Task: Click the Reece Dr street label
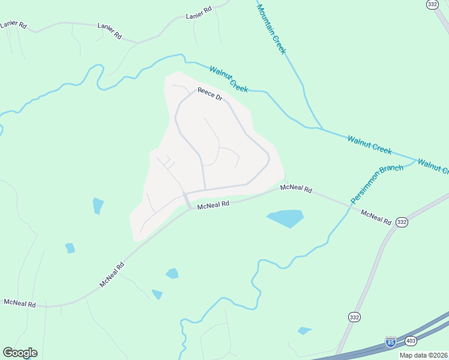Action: click(x=210, y=94)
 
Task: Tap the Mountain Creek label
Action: click(x=271, y=29)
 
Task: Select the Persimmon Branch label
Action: click(x=376, y=182)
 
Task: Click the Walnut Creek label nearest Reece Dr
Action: click(x=229, y=79)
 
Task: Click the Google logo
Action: click(x=20, y=352)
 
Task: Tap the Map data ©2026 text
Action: click(x=424, y=355)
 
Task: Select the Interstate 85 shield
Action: click(x=391, y=341)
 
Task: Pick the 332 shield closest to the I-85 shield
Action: click(x=355, y=316)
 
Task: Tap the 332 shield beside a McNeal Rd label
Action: click(x=402, y=222)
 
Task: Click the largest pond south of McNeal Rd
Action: click(x=285, y=218)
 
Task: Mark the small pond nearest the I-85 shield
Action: click(x=304, y=330)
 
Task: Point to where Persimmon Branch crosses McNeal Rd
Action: click(x=350, y=206)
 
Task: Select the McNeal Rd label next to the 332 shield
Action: click(x=376, y=217)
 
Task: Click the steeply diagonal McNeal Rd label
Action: click(x=112, y=274)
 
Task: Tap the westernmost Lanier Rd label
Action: click(x=14, y=25)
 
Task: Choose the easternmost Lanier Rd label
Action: click(x=200, y=15)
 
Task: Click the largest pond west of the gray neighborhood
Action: click(x=98, y=205)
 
